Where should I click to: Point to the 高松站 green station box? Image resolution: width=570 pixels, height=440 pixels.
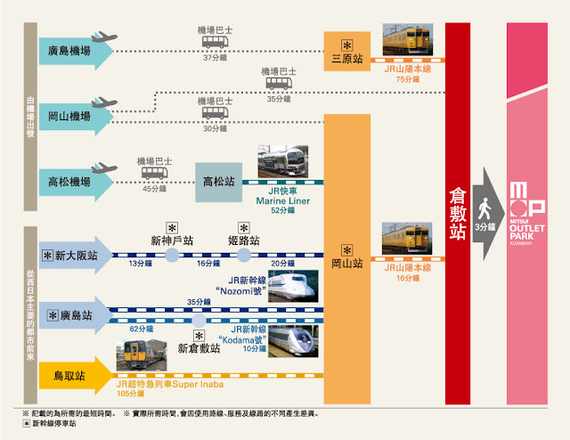tap(220, 182)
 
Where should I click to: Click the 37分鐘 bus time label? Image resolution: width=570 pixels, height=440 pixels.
tap(214, 59)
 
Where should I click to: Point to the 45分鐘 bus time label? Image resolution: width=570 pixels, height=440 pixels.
tap(152, 187)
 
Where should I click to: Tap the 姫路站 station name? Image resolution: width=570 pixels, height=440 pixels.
tap(242, 240)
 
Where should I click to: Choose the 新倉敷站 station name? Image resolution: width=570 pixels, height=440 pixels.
tap(199, 346)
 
